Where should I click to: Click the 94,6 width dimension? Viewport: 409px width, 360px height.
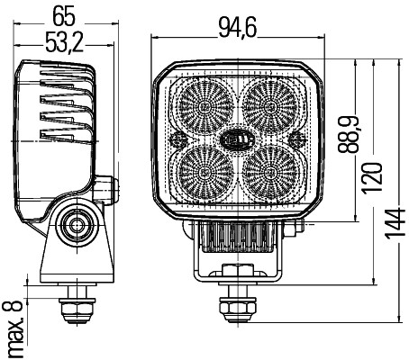(237, 30)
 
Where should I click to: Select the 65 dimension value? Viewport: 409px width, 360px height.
(63, 15)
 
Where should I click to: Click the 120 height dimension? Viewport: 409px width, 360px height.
(372, 170)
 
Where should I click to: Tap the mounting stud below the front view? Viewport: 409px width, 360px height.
(235, 306)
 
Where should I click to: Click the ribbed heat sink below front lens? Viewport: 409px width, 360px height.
(236, 238)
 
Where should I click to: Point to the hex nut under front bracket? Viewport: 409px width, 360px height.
(235, 274)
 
